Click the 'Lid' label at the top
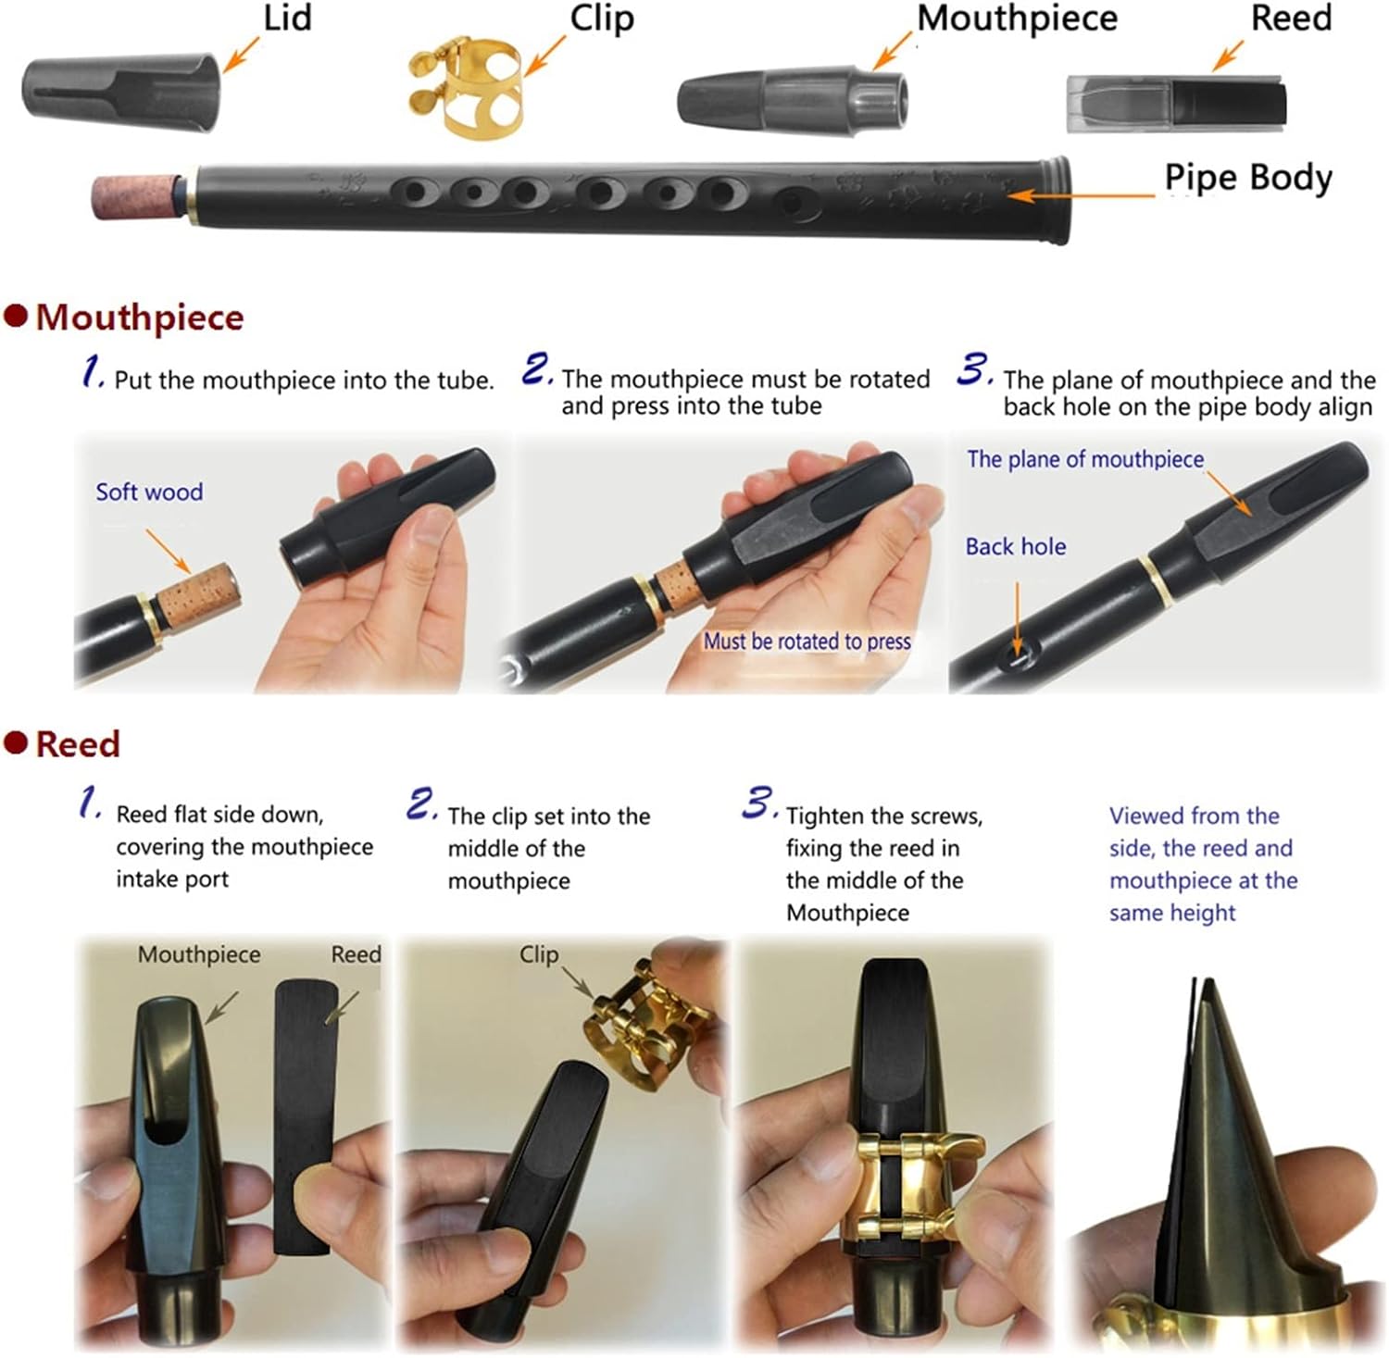(287, 19)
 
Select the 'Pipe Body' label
(1247, 178)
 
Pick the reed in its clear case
(1176, 103)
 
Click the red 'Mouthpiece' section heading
(139, 318)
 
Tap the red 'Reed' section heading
(78, 744)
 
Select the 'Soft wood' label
(149, 492)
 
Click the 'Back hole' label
(1015, 546)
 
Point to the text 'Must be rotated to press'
(807, 641)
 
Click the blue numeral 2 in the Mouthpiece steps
(537, 369)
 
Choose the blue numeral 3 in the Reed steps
(758, 804)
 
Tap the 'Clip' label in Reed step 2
(538, 953)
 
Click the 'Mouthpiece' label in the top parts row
(1017, 19)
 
